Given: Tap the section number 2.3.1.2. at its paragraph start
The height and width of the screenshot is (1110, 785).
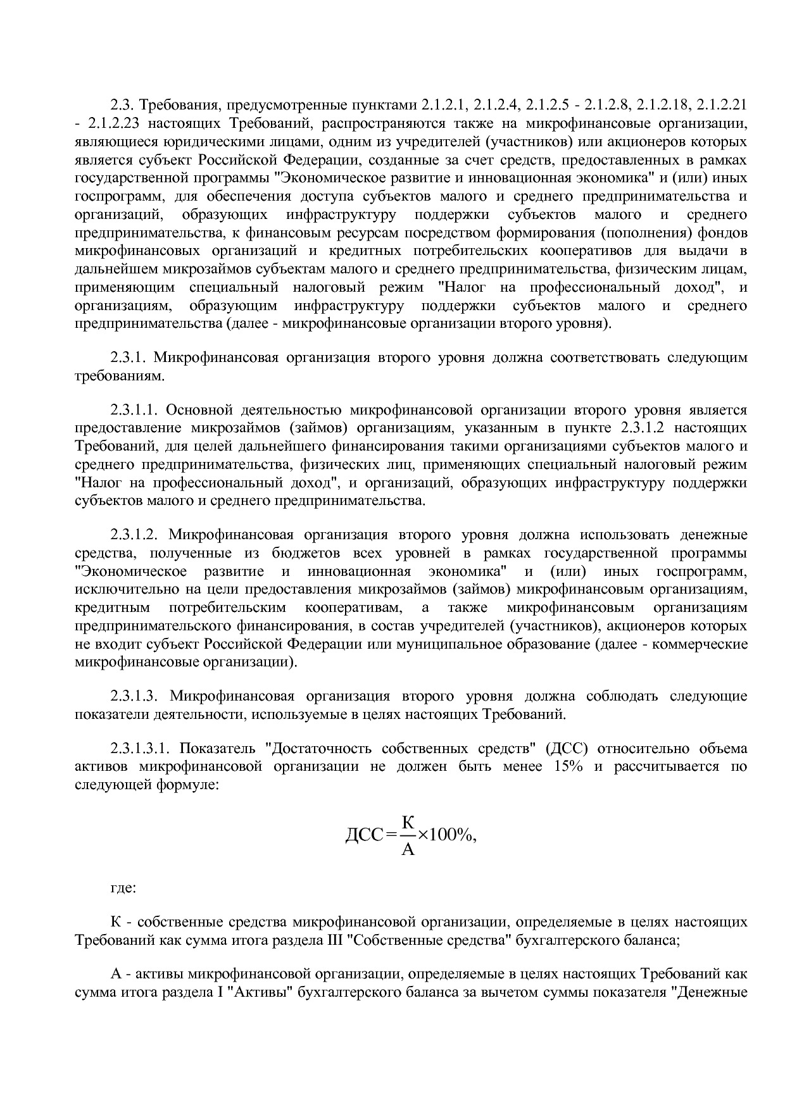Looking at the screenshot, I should click(137, 535).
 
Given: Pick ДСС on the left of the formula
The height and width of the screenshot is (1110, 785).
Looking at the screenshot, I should click(364, 836).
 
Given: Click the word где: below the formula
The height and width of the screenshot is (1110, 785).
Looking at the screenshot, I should click(122, 888).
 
